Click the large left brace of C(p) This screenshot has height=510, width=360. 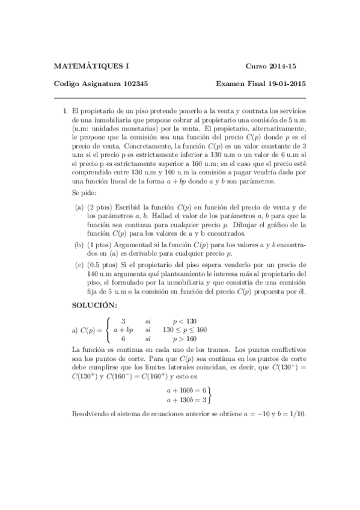pyautogui.click(x=108, y=330)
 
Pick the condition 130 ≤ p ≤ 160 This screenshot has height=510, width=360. pyautogui.click(x=185, y=330)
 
